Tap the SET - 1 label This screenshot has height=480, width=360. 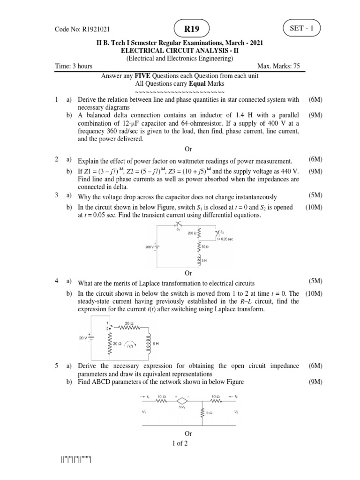[305, 28]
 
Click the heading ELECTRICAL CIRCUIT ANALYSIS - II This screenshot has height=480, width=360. [180, 51]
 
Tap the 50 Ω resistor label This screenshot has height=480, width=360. [205, 246]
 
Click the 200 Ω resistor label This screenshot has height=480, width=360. [191, 232]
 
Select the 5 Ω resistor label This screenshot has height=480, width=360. [209, 413]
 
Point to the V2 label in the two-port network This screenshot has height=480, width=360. [236, 412]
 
